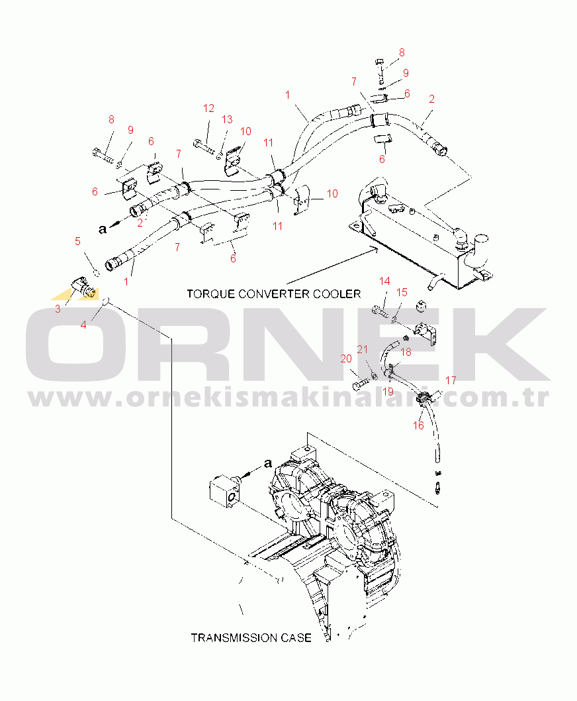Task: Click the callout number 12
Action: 208,109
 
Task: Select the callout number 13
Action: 228,120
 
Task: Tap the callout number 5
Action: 77,241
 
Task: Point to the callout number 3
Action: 58,309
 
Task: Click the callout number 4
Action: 83,325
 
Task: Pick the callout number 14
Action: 384,281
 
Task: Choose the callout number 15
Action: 402,292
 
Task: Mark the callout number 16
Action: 418,425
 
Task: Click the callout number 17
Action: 451,380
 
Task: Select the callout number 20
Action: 346,359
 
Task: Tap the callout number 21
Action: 362,350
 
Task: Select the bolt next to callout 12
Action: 203,146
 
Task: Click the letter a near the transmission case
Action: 267,463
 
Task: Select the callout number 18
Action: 406,352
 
